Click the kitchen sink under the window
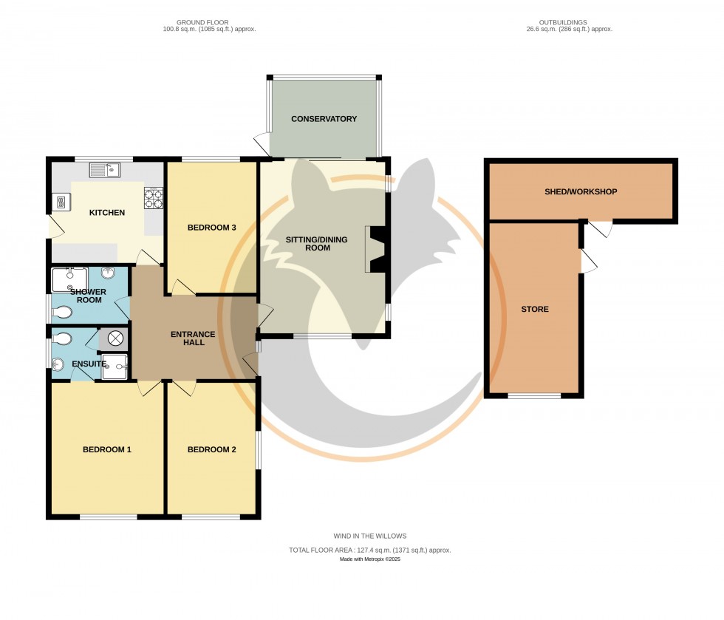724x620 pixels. click(x=105, y=170)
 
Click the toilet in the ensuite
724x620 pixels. click(x=64, y=339)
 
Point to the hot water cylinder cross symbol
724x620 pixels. click(x=116, y=338)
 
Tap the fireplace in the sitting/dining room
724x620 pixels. click(x=377, y=250)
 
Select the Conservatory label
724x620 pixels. click(x=324, y=119)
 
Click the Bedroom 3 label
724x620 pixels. click(x=211, y=227)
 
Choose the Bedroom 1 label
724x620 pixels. click(x=106, y=449)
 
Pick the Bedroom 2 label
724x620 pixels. click(x=211, y=449)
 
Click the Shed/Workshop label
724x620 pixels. click(x=581, y=191)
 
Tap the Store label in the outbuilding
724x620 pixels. click(x=534, y=309)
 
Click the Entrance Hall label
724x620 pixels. click(x=193, y=338)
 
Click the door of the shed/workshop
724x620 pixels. click(x=604, y=230)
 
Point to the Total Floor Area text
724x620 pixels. click(x=369, y=550)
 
